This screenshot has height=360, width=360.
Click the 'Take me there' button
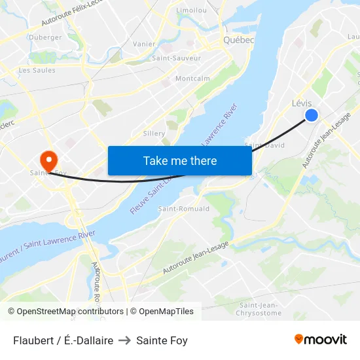[180, 160]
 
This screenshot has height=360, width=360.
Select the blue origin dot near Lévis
[312, 115]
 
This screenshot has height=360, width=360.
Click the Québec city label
[238, 39]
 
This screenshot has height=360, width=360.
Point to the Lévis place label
[301, 103]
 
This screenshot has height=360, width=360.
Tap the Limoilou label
[192, 10]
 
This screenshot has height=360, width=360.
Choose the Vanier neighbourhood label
[144, 44]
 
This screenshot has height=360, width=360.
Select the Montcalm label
[193, 79]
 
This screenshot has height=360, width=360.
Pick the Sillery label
[154, 133]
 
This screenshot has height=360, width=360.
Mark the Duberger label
[45, 37]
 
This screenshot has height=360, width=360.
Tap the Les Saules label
[37, 70]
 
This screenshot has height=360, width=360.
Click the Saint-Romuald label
[184, 209]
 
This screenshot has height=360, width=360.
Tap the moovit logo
[320, 340]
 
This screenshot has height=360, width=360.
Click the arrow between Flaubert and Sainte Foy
[125, 340]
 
